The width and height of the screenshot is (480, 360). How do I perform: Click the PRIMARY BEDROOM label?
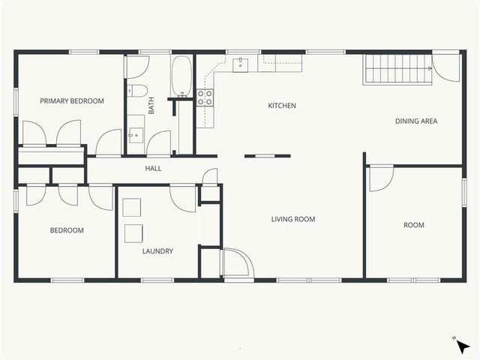pos(72,100)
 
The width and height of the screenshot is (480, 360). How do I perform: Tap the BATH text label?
pos(151,107)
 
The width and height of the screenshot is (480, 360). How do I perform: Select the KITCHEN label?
pos(282,106)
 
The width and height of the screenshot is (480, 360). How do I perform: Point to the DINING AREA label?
pos(416,121)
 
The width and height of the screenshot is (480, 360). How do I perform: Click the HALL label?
pos(153,168)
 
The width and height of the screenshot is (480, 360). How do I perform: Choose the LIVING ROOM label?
pos(293,219)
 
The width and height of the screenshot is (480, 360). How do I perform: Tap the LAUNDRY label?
pos(157,251)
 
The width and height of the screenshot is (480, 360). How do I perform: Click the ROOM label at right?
pos(414,225)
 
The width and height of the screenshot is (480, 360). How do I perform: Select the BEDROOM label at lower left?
pos(67,230)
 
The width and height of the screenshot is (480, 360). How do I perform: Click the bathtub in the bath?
pos(182,76)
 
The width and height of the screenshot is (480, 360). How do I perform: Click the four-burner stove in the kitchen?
pos(205,97)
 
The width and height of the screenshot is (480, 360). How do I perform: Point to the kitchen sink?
pos(241,64)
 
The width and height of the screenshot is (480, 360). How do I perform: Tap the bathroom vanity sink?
pos(135,135)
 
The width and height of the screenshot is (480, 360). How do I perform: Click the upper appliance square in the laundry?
pos(132,208)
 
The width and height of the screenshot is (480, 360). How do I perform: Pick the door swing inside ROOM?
pos(380,177)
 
